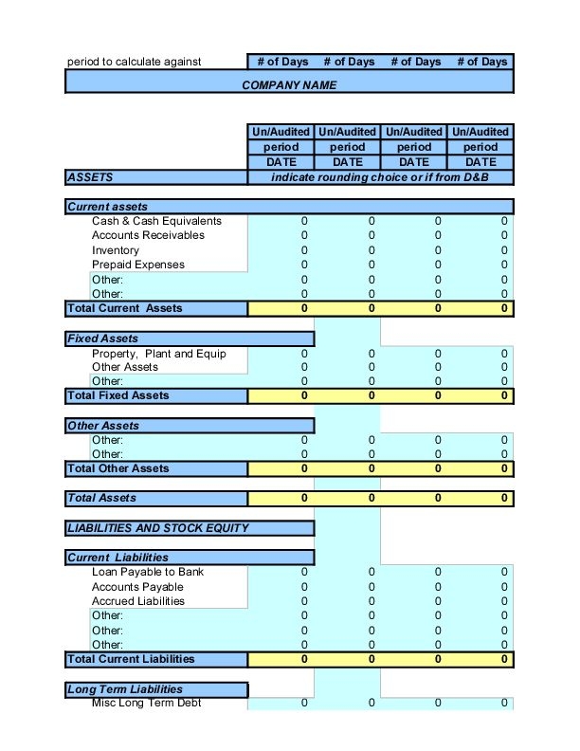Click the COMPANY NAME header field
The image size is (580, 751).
click(289, 84)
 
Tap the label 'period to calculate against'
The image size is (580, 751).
click(134, 62)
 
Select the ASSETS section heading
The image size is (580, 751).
click(90, 177)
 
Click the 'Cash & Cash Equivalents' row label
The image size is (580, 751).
click(156, 221)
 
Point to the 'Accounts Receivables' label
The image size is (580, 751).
click(148, 235)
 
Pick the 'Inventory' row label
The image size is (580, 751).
click(116, 250)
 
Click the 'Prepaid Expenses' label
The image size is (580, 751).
click(138, 265)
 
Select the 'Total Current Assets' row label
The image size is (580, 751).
click(124, 308)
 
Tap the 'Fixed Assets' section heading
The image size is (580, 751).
click(102, 339)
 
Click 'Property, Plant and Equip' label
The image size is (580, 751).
click(159, 354)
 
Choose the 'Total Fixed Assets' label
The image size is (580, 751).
click(118, 395)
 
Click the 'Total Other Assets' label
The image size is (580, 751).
click(118, 468)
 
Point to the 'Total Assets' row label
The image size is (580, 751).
click(101, 498)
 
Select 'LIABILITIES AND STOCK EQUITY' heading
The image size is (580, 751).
click(157, 528)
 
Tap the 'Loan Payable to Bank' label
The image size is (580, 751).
click(148, 572)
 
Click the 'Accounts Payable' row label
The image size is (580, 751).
click(137, 587)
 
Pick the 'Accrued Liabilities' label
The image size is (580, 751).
click(138, 601)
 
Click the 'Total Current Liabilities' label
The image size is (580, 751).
click(131, 659)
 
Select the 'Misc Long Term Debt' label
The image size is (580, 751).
click(147, 703)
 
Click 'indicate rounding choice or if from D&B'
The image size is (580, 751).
click(379, 177)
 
